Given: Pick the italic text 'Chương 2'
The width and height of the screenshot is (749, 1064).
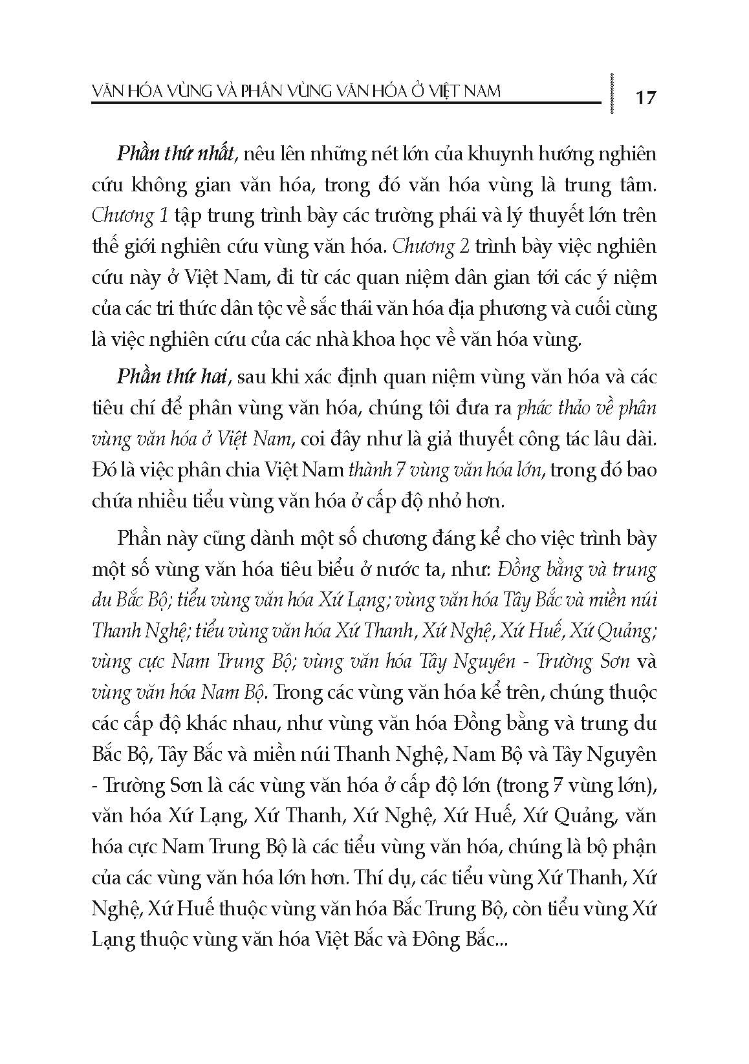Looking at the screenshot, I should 430,247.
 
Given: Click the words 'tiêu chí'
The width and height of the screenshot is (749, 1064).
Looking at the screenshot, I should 124,408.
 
